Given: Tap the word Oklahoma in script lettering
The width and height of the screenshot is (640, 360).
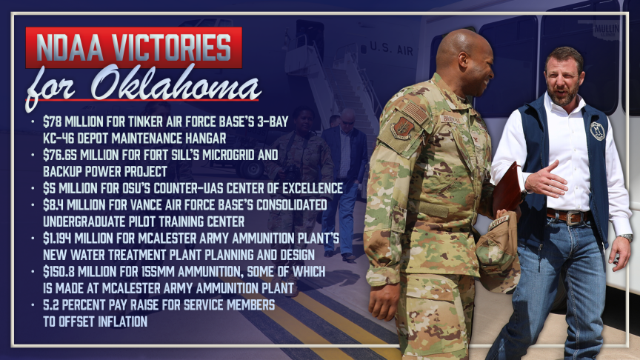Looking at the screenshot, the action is (176, 83).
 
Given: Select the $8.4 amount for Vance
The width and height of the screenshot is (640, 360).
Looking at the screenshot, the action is (53, 205).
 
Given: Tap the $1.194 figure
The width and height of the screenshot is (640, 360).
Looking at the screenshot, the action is (57, 239).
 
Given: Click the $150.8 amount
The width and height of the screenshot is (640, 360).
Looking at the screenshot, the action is (59, 272).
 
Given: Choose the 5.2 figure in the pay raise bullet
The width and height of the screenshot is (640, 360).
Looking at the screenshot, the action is (51, 305).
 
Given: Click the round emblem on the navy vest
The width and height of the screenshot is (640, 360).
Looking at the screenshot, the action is (597, 131).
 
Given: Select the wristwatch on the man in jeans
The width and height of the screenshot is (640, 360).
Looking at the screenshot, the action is (625, 237).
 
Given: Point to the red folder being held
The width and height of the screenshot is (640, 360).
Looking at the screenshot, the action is (508, 187).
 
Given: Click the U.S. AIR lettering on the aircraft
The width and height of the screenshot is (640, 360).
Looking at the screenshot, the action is (391, 49).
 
